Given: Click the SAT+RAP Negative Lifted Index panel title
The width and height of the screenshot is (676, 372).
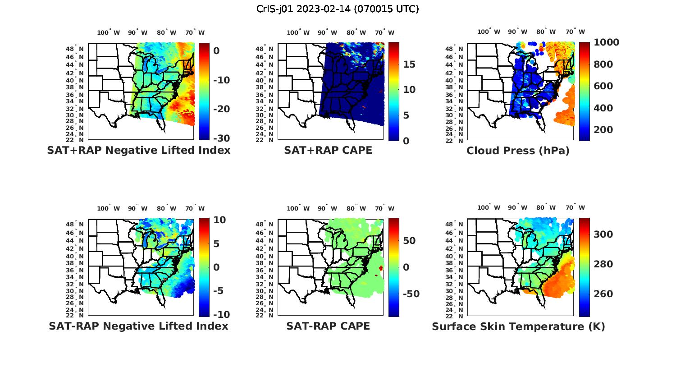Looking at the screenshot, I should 138,151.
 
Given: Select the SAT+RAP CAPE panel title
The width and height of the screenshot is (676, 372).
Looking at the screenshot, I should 328,151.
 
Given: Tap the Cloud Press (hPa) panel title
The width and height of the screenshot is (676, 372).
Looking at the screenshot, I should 518,151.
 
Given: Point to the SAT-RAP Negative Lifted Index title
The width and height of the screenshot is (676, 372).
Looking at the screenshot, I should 138,326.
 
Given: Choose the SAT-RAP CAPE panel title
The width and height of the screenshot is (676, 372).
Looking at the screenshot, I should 328,326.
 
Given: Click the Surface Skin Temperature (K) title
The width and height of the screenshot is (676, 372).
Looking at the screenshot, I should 518,326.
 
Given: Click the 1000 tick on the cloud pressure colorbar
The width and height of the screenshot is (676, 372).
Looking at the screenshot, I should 606,42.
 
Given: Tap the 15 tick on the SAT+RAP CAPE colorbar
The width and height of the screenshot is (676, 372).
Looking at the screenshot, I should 409,64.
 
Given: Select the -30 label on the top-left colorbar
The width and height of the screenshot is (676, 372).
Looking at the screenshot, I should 221,138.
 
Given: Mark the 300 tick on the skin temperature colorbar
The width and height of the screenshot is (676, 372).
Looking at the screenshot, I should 603,234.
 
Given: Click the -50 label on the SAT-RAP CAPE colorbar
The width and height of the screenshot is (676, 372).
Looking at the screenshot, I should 411,294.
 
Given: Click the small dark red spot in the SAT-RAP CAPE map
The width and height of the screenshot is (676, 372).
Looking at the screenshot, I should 381,268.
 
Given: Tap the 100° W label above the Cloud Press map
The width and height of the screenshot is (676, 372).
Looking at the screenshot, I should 489,32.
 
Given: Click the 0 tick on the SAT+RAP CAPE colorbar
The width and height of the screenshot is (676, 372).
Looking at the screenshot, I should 406,141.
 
